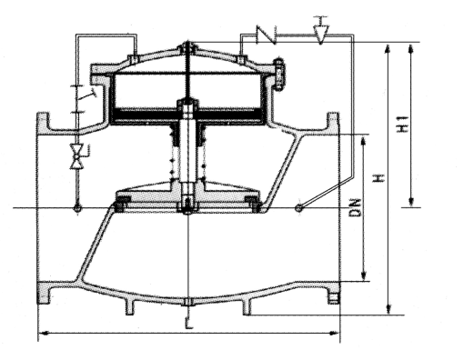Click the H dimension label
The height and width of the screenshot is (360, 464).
pyautogui.click(x=378, y=178)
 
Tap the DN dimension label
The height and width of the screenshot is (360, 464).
pyautogui.click(x=356, y=207)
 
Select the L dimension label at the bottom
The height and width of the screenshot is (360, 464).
pyautogui.click(x=188, y=323)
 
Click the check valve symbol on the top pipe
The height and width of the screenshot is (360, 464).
pyautogui.click(x=267, y=35)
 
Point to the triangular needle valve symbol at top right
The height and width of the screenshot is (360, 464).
pyautogui.click(x=321, y=31)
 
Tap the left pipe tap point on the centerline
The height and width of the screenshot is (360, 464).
pyautogui.click(x=77, y=208)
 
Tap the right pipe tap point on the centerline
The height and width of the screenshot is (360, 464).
pyautogui.click(x=298, y=208)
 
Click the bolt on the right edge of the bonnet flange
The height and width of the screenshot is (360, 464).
pyautogui.click(x=278, y=75)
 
